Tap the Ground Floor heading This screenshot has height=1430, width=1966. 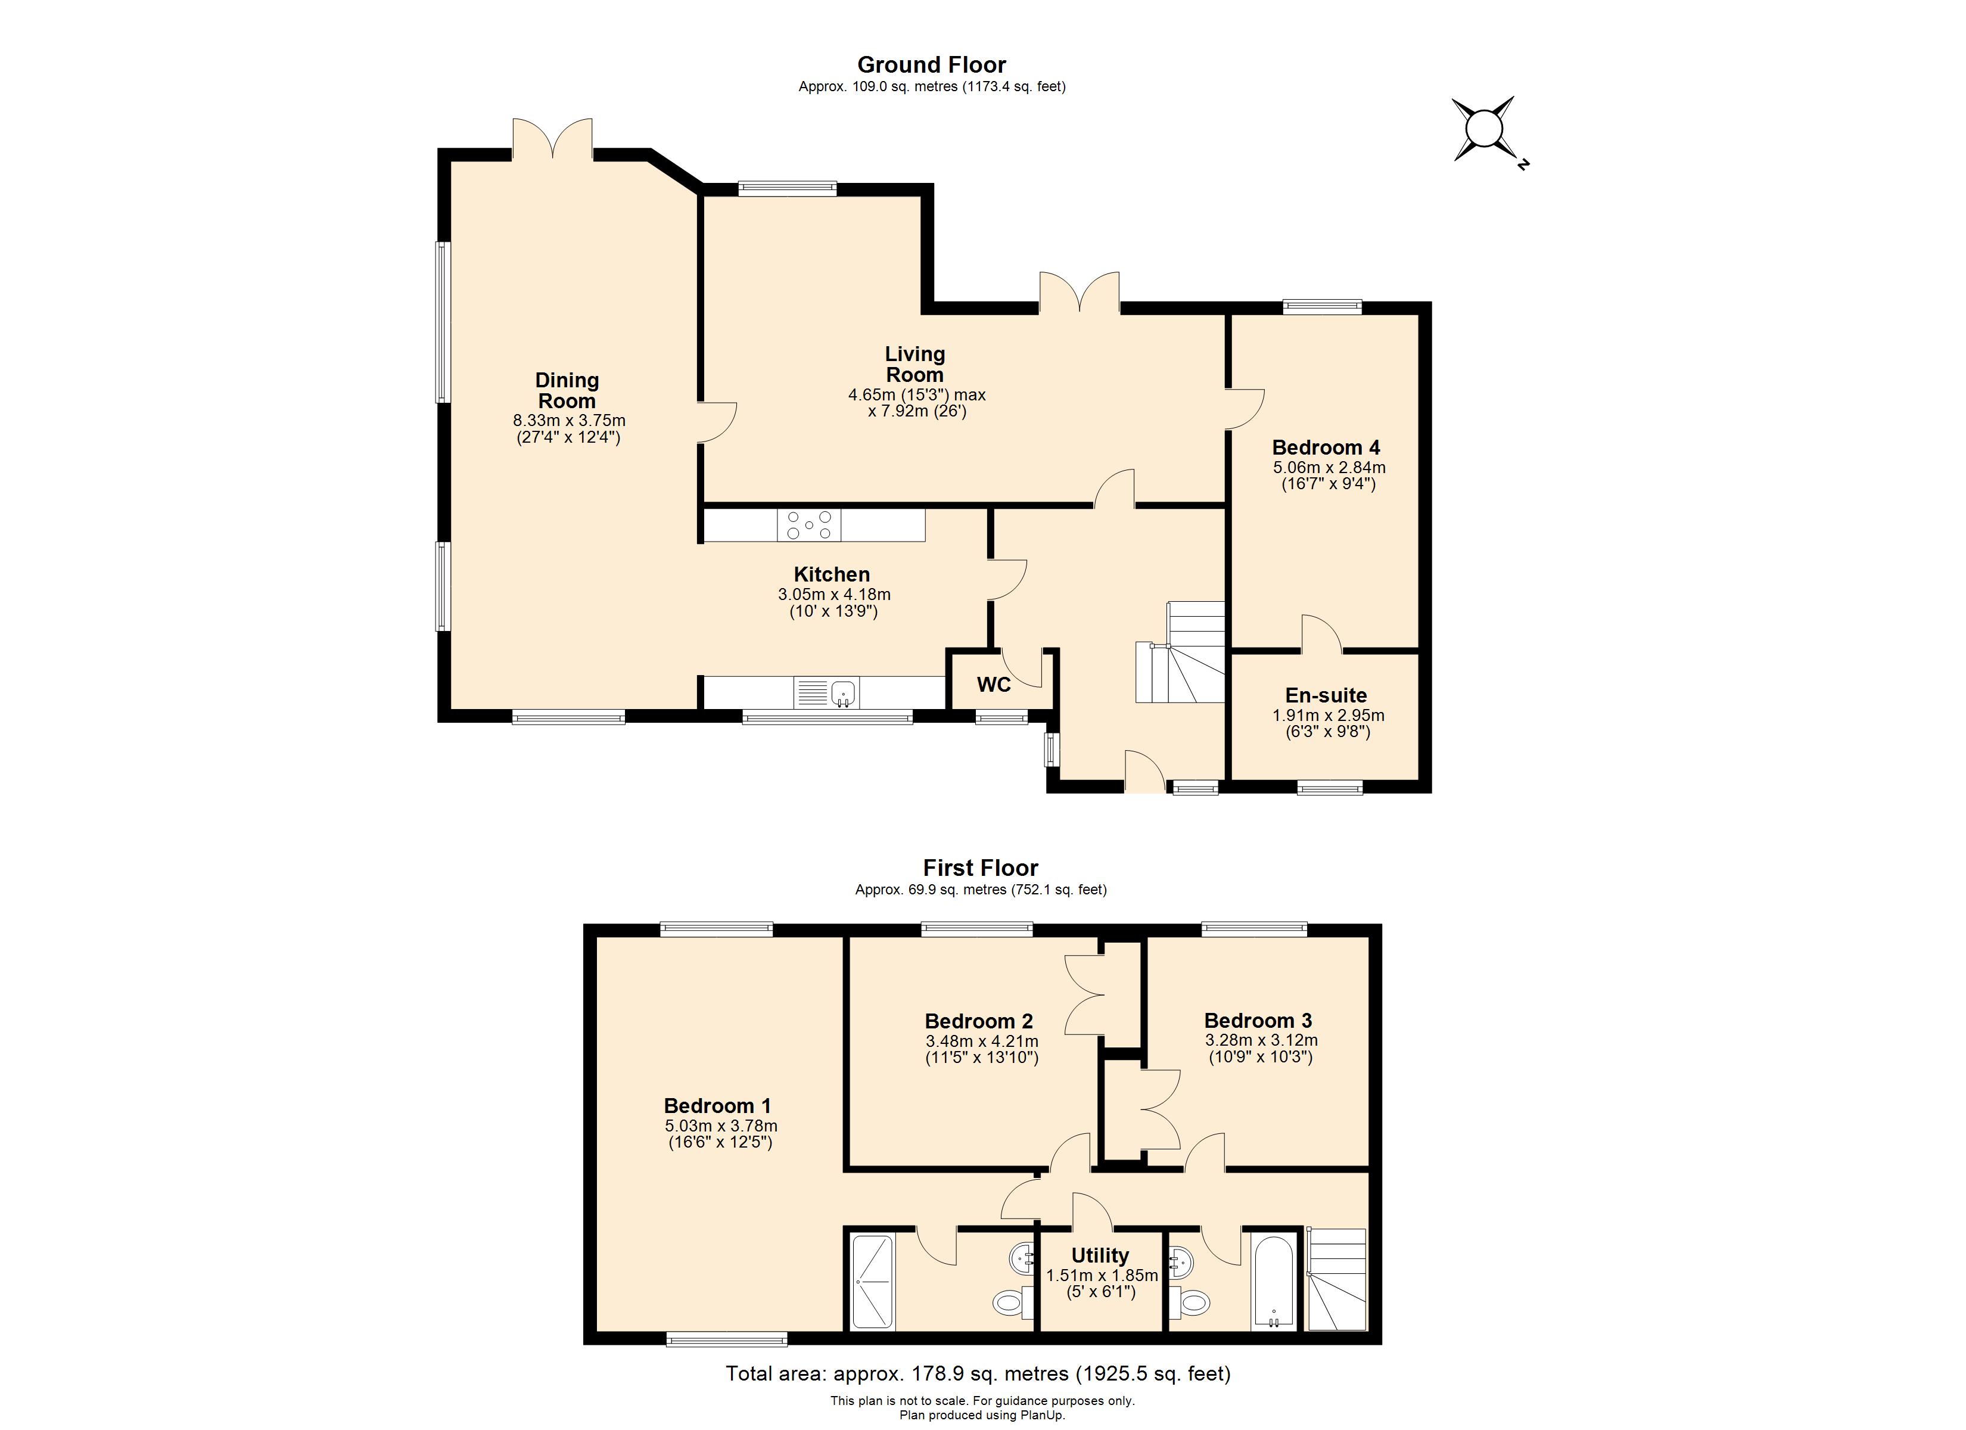[x=931, y=65]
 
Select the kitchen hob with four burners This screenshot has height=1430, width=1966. [x=809, y=526]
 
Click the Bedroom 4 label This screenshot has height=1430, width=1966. [x=1326, y=447]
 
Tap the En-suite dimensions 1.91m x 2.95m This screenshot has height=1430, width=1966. [x=1327, y=716]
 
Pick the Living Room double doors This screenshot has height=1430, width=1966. [x=1080, y=293]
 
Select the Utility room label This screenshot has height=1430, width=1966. [x=1100, y=1255]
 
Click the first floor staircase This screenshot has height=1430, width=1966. [x=1337, y=1279]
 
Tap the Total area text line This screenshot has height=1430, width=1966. [x=978, y=1373]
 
